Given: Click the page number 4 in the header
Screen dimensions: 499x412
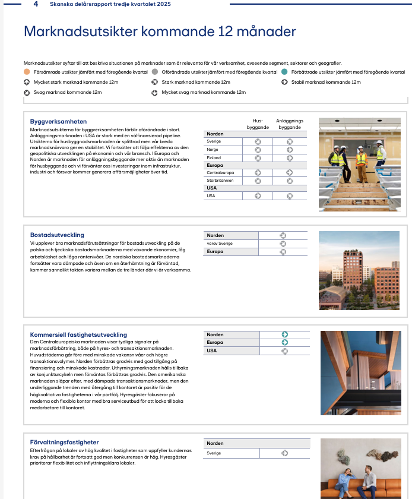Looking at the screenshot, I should point(36,4).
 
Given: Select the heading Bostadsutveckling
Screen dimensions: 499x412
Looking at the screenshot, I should point(57,235).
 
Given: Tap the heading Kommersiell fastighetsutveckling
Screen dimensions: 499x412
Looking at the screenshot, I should point(78,335).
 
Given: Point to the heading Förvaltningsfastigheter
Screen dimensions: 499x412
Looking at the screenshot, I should point(64,443).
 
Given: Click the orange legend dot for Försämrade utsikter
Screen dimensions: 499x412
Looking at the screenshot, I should point(27,72).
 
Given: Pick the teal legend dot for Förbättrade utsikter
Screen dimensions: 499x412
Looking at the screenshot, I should point(286,72).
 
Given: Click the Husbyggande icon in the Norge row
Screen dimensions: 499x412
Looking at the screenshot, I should point(258,150).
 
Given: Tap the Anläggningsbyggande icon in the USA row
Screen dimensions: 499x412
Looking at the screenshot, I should point(290,195).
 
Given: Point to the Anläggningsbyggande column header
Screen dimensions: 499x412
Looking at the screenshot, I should point(289,124).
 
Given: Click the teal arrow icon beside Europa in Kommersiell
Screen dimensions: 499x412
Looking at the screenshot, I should point(285,342).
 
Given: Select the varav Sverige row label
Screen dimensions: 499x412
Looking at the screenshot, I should point(220,244).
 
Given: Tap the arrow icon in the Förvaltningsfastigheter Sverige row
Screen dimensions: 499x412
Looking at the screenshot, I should point(285,453).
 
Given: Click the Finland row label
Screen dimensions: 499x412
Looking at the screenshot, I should point(214,157).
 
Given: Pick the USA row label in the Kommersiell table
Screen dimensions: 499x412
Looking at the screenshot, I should point(212,350).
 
